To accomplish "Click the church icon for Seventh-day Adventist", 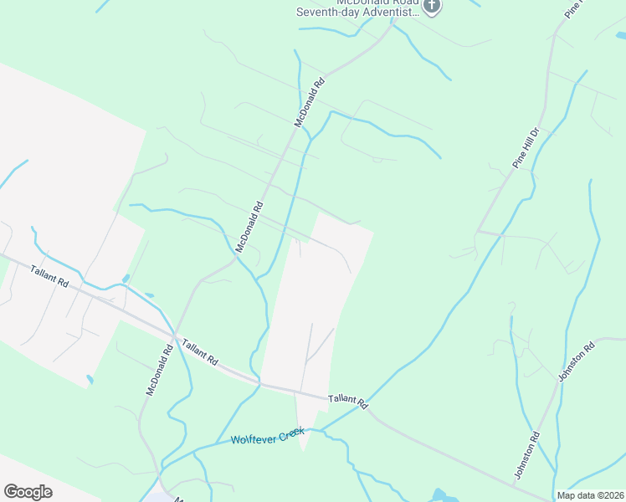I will click(x=431, y=8).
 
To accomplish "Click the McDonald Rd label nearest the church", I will click(x=309, y=103).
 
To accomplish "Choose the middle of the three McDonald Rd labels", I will click(x=249, y=227).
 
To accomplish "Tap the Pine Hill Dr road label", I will click(x=529, y=149).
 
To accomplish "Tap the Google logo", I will click(x=28, y=492).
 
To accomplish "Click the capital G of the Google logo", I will click(x=11, y=492).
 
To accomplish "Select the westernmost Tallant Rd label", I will click(x=49, y=276).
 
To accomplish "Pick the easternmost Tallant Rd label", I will click(x=347, y=401).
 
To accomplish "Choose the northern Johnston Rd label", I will click(x=576, y=361).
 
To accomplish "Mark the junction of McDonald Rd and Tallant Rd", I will click(x=174, y=336).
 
